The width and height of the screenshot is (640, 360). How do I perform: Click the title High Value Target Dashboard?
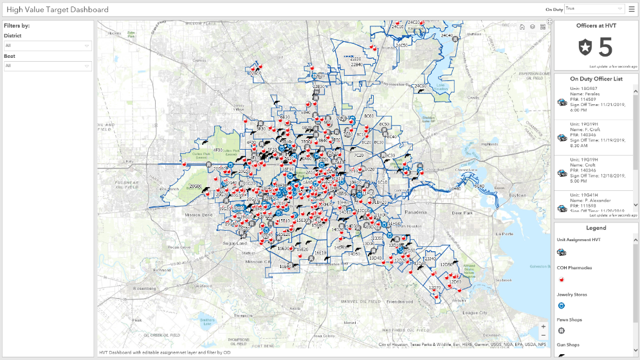57,10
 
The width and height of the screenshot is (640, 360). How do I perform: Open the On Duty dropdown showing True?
594,9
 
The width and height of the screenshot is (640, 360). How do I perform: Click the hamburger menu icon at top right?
632,9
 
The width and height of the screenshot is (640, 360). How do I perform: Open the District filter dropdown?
48,46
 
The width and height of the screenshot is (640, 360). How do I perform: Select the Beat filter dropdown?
48,66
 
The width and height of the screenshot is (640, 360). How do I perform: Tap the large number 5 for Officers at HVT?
605,47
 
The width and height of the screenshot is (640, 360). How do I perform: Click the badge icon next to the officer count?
585,48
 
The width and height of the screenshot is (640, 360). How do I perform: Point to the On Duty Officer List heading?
596,78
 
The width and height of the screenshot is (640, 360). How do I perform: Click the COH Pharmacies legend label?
574,267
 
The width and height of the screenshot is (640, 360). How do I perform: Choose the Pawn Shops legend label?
569,319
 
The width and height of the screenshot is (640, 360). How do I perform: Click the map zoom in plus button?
544,327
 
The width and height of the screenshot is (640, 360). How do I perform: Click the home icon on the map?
522,27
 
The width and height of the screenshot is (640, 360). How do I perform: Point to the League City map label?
475,312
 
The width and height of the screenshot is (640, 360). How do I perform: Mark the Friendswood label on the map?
400,301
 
